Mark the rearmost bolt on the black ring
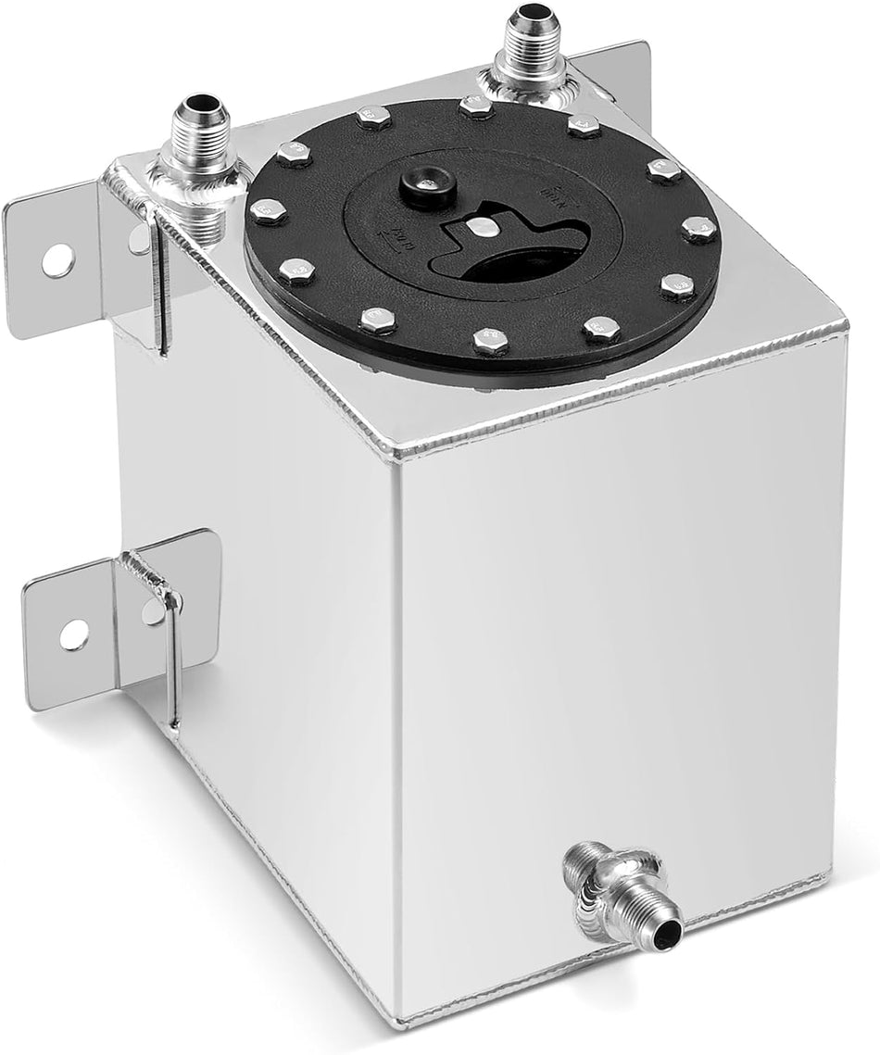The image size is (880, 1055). tap(474, 107)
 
